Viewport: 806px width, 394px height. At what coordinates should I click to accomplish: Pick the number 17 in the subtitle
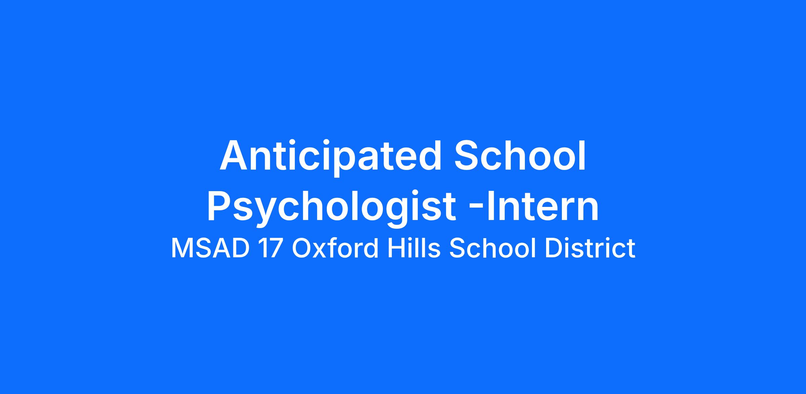point(270,248)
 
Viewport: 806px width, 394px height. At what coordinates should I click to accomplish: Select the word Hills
point(414,248)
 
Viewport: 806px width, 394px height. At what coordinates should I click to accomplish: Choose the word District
point(590,248)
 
